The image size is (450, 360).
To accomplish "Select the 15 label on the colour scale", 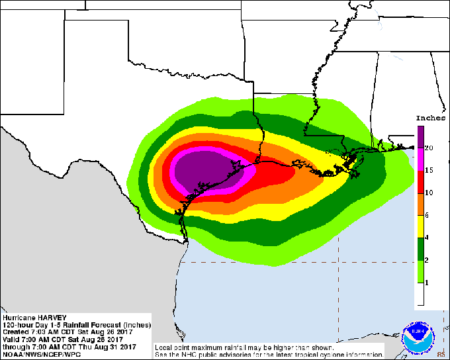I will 429,170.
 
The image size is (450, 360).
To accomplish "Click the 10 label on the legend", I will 429,193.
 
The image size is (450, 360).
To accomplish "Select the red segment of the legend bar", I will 420,181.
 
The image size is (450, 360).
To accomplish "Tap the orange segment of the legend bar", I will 420,204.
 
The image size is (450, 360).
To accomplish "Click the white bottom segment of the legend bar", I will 420,294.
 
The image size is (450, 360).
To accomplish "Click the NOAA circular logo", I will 418,334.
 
